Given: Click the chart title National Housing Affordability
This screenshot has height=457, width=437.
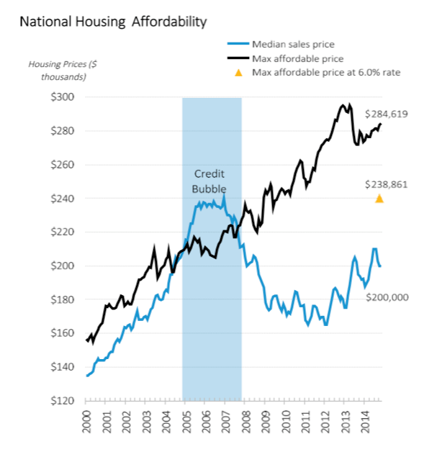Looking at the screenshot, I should point(113,22).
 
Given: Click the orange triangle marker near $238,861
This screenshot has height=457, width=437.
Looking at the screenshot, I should point(379,199).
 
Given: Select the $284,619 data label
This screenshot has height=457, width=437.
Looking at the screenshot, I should point(387,114).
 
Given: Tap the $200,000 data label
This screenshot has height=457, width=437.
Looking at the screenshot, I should point(387,297).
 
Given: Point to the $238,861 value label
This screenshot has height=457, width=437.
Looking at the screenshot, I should point(387,184).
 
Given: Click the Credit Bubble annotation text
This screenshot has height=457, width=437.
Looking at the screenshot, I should point(210,181).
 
